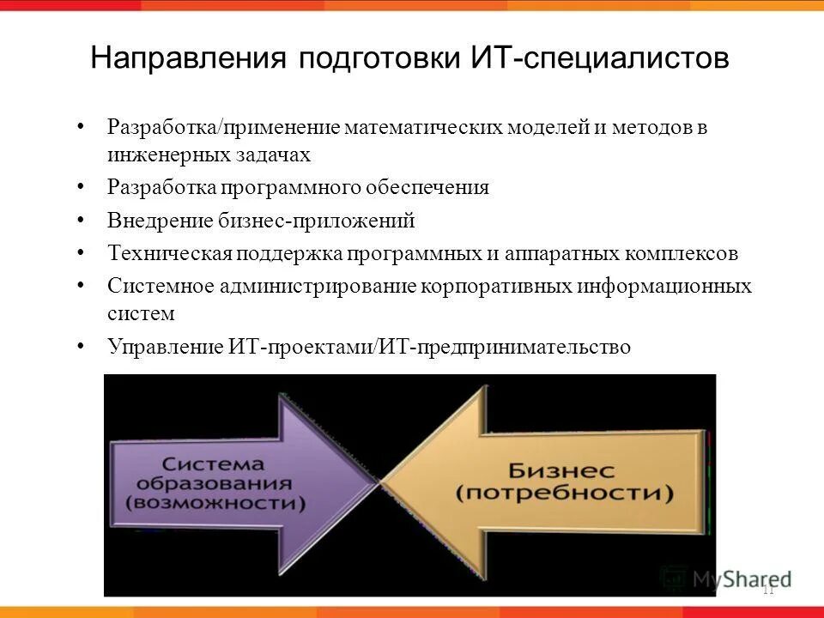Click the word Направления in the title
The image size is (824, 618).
click(x=188, y=58)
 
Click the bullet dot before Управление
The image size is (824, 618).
click(x=81, y=346)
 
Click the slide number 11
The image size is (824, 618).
click(x=767, y=590)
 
